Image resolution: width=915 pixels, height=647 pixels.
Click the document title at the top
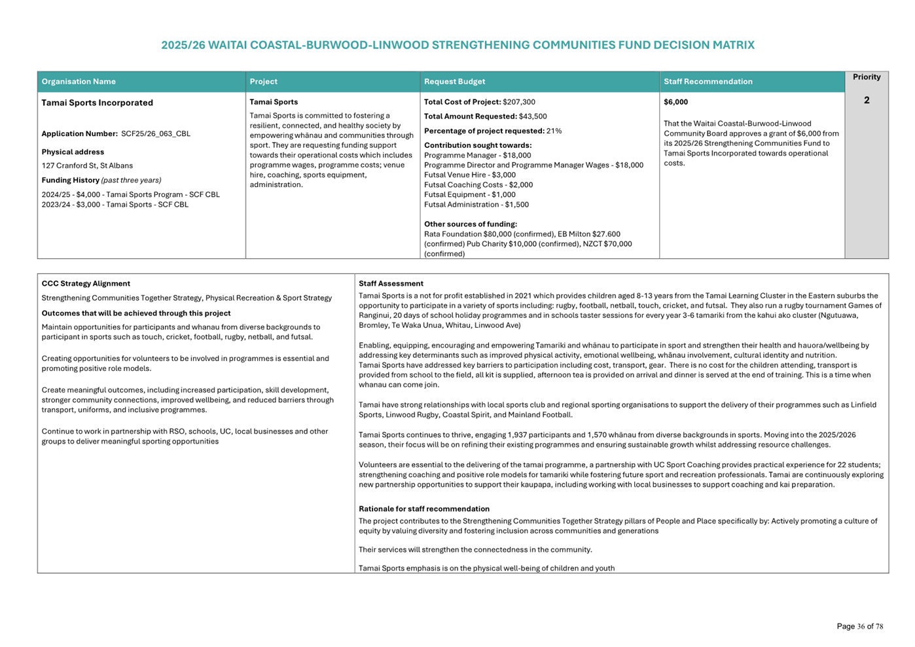pyautogui.click(x=457, y=45)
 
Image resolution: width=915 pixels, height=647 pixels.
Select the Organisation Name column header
pyautogui.click(x=79, y=82)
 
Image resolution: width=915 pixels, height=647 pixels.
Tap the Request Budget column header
pyautogui.click(x=454, y=82)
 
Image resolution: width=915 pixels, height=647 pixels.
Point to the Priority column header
pyautogui.click(x=866, y=77)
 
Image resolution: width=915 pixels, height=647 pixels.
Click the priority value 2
pyautogui.click(x=866, y=100)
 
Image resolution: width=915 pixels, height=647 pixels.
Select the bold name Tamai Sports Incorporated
pyautogui.click(x=97, y=103)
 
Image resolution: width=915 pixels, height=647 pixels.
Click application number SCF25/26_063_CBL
pyautogui.click(x=156, y=134)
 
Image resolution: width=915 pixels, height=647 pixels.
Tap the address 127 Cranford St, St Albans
pyautogui.click(x=87, y=166)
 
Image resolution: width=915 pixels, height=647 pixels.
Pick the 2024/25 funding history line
pyautogui.click(x=130, y=195)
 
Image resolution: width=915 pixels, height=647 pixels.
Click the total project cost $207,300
pyautogui.click(x=518, y=102)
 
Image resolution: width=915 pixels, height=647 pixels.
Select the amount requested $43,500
pyautogui.click(x=533, y=116)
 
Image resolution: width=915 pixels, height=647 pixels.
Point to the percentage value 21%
pyautogui.click(x=554, y=131)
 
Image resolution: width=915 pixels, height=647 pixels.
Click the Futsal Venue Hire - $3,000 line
pyautogui.click(x=469, y=175)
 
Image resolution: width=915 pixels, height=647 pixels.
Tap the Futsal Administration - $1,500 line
pyautogui.click(x=476, y=205)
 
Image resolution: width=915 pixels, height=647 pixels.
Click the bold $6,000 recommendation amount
pyautogui.click(x=675, y=102)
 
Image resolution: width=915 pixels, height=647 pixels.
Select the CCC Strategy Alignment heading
pyautogui.click(x=86, y=284)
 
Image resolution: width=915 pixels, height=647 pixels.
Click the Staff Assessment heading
pyautogui.click(x=391, y=284)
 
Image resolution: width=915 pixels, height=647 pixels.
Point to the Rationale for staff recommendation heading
pyautogui.click(x=423, y=509)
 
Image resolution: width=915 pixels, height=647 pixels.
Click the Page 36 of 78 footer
pyautogui.click(x=859, y=627)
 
